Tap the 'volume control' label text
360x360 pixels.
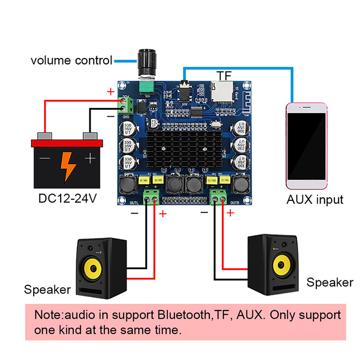tap(71, 60)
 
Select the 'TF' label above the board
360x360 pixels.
tap(224, 76)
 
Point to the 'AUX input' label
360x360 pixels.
tap(315, 199)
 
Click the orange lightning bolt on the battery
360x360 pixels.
tap(68, 166)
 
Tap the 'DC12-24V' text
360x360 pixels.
tap(68, 198)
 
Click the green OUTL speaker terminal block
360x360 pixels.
tap(151, 197)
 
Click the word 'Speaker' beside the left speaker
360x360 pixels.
tap(47, 289)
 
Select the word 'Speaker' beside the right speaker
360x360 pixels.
tap(330, 282)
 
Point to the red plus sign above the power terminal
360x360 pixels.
tap(111, 92)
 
